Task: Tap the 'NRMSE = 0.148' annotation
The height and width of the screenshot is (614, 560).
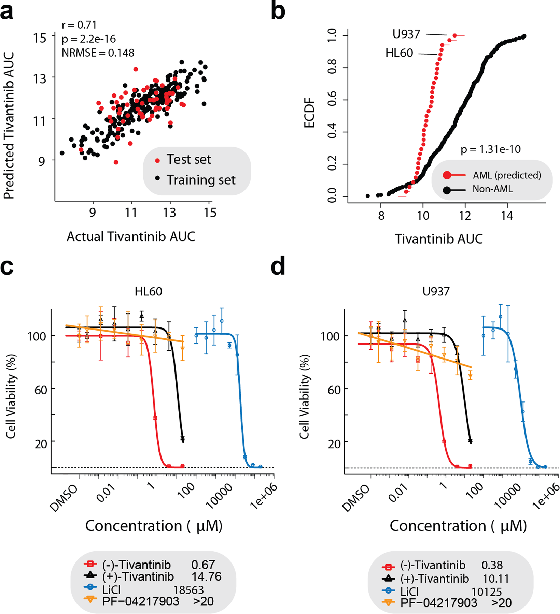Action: point(98,53)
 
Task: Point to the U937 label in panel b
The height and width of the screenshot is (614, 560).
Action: point(406,34)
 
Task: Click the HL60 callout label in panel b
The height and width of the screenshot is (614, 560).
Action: point(399,53)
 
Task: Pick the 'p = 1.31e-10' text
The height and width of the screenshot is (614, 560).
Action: point(490,149)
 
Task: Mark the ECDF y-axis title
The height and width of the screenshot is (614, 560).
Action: point(309,113)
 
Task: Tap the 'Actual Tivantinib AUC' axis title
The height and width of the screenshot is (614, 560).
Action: point(131,236)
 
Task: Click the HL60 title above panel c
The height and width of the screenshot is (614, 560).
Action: point(148,291)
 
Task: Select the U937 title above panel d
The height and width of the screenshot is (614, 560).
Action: point(436,291)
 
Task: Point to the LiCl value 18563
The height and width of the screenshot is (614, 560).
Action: point(188,590)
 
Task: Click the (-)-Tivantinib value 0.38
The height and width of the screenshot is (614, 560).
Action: point(492,565)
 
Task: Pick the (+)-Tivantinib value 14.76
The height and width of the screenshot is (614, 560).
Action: point(206,576)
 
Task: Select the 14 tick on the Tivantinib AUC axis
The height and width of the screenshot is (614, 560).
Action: point(507,216)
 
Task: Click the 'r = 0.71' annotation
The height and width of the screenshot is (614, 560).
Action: point(79,25)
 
